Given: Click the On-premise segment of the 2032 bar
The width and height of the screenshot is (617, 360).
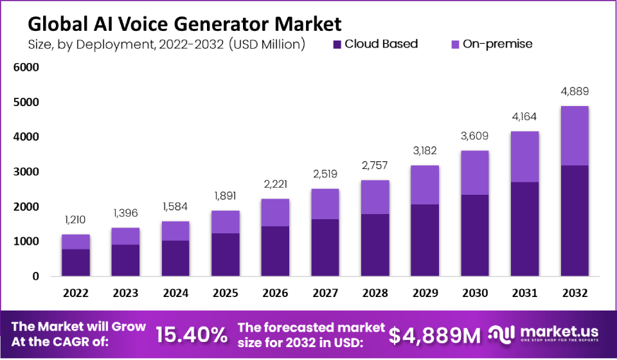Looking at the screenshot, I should pyautogui.click(x=575, y=136).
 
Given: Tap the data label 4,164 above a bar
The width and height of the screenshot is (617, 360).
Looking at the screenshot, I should pyautogui.click(x=525, y=116).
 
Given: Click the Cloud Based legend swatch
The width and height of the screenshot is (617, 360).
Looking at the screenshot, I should pyautogui.click(x=337, y=44).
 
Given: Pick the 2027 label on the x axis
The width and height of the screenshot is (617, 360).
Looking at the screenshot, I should pyautogui.click(x=325, y=293).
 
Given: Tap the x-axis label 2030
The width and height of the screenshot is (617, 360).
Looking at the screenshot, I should pyautogui.click(x=475, y=293).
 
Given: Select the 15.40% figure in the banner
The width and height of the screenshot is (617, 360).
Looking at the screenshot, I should pyautogui.click(x=192, y=334).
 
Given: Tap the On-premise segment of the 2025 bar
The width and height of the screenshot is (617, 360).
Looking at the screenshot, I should pyautogui.click(x=225, y=222).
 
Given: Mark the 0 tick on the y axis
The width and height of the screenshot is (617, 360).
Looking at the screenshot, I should pyautogui.click(x=36, y=276).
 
